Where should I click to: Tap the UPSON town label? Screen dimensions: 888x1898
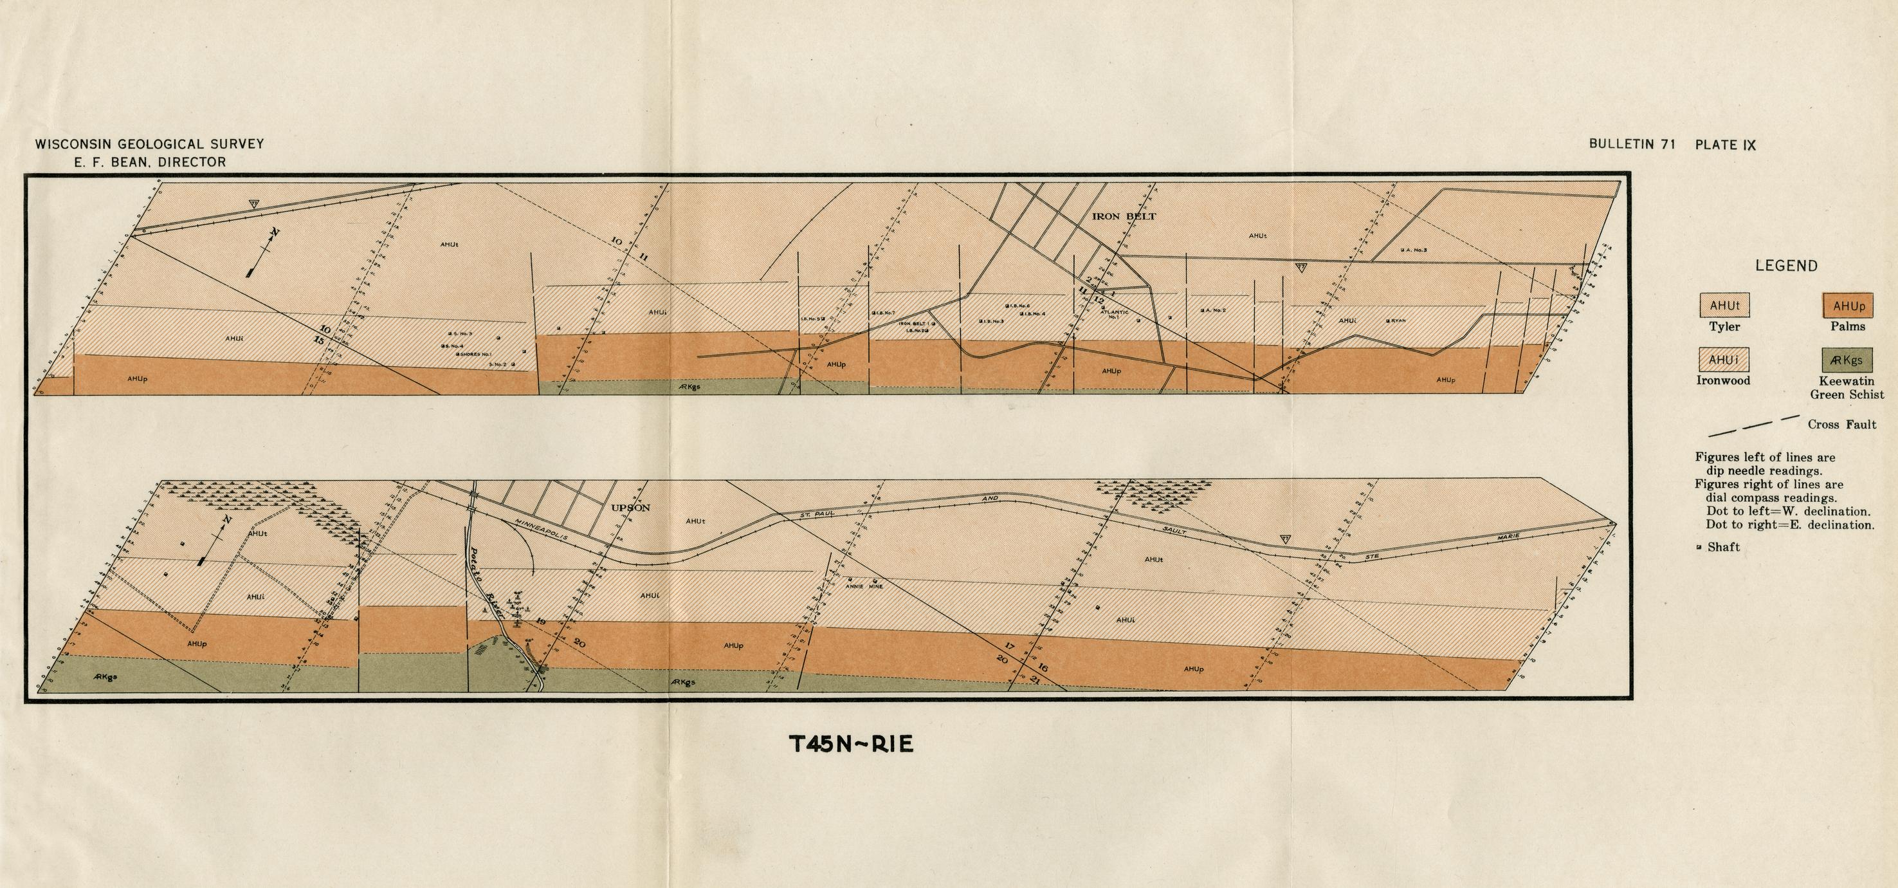[x=630, y=508]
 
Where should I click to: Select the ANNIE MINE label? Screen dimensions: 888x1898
[x=864, y=587]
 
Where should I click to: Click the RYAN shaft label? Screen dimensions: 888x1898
[x=1398, y=321]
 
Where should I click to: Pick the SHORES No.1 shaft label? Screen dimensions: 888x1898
[x=476, y=355]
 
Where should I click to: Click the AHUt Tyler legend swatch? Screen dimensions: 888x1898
[x=1724, y=306]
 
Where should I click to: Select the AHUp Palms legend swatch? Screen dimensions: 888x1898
[x=1848, y=306]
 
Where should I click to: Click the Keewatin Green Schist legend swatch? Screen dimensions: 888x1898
[x=1848, y=360]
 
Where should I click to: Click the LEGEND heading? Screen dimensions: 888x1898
[x=1786, y=266]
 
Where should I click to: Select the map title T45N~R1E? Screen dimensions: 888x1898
[x=852, y=745]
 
